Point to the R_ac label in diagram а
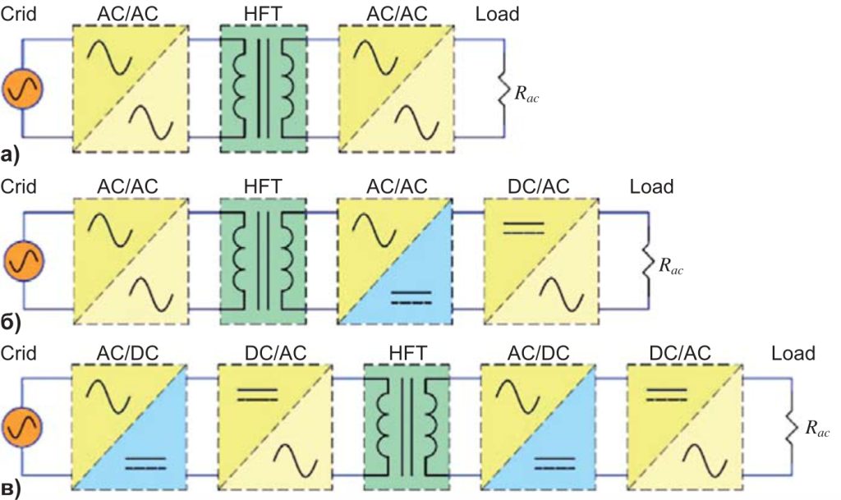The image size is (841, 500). [x=526, y=95]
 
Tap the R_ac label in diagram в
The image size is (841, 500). [x=816, y=428]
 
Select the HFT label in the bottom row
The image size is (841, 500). [x=407, y=353]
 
